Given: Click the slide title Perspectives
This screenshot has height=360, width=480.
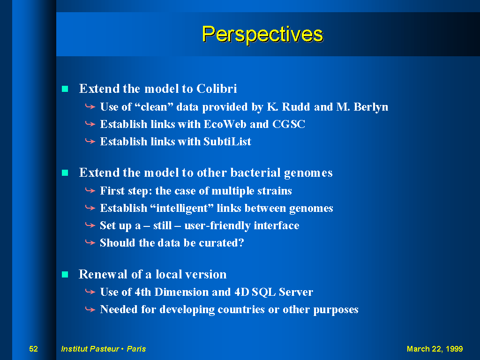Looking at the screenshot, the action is click(x=262, y=34).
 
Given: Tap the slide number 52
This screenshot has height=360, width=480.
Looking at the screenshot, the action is click(x=33, y=349).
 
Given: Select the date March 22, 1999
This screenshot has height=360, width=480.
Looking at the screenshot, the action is click(x=435, y=349).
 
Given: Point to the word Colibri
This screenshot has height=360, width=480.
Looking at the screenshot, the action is click(x=217, y=89).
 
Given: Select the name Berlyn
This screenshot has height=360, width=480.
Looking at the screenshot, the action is click(x=371, y=107).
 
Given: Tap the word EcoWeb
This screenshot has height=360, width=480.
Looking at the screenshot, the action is click(x=225, y=124).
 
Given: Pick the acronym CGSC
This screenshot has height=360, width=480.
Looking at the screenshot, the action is click(x=289, y=124).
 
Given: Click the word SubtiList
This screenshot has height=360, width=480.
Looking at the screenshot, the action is click(x=227, y=142).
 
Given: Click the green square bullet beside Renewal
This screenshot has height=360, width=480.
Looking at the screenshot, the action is click(x=65, y=274).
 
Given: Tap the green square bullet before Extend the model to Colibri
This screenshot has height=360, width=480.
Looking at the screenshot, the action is click(x=65, y=89).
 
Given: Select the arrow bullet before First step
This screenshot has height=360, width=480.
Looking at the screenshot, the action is click(x=90, y=191).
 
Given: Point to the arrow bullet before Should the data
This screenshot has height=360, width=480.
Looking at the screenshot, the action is click(x=90, y=243).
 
